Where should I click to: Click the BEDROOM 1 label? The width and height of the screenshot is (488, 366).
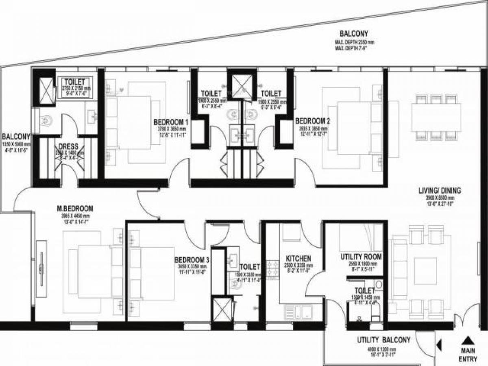(x=171, y=122)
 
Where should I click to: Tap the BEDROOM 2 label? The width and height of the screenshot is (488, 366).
(x=312, y=121)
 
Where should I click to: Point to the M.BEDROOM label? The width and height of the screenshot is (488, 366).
(x=75, y=209)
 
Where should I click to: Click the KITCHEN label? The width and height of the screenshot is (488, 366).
(x=298, y=259)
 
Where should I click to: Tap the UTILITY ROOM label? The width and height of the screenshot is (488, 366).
(x=361, y=257)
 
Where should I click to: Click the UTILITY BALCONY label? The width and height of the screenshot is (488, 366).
(x=383, y=340)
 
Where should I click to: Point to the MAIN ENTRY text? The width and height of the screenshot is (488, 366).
(x=468, y=355)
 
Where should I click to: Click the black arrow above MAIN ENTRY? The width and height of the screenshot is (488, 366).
(x=468, y=340)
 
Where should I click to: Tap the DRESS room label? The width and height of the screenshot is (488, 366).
(x=68, y=146)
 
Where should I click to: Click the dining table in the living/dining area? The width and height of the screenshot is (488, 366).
(x=436, y=117)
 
